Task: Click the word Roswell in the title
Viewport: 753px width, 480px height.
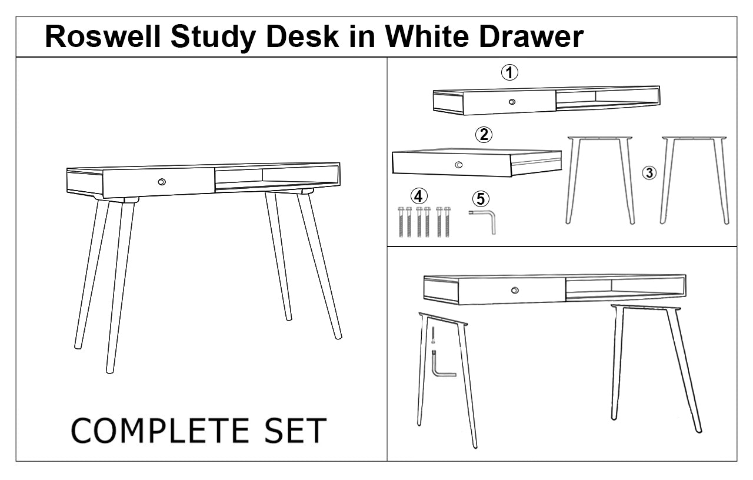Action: pyautogui.click(x=103, y=36)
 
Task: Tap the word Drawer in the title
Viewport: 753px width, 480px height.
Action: pyautogui.click(x=531, y=36)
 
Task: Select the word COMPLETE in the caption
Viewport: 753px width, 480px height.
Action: pyautogui.click(x=160, y=431)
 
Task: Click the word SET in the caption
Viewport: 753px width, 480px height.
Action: pyautogui.click(x=295, y=431)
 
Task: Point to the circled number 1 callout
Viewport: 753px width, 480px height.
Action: pyautogui.click(x=509, y=72)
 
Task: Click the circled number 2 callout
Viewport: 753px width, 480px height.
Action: pyautogui.click(x=484, y=135)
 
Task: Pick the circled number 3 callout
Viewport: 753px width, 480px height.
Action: pyautogui.click(x=649, y=173)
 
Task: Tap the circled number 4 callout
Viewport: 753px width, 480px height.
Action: pyautogui.click(x=419, y=196)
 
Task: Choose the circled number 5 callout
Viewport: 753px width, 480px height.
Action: pyautogui.click(x=481, y=199)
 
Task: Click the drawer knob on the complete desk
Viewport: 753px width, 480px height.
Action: pyautogui.click(x=162, y=182)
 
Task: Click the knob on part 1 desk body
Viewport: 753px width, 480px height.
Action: pyautogui.click(x=512, y=102)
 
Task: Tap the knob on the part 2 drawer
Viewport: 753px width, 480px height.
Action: pyautogui.click(x=458, y=165)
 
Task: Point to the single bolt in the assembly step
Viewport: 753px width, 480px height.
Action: pyautogui.click(x=433, y=335)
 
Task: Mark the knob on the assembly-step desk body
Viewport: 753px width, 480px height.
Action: pyautogui.click(x=515, y=290)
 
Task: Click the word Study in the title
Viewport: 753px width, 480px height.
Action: pyautogui.click(x=213, y=38)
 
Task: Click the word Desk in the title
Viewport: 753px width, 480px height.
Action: pyautogui.click(x=302, y=36)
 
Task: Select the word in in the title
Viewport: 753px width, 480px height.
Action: pyautogui.click(x=362, y=36)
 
